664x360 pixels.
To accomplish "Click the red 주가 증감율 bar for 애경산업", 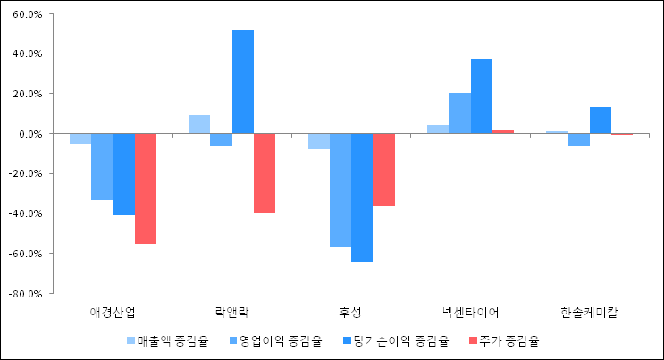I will pos(146,188).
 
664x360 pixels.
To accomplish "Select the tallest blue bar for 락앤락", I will pos(243,82).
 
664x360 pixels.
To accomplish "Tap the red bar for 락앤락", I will pos(265,173).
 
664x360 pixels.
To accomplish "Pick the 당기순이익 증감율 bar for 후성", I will pos(362,197).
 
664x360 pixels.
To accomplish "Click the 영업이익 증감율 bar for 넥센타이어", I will pos(459,113).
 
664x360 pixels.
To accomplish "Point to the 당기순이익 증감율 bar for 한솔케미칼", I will pos(601,121).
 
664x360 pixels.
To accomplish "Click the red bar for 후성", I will pos(383,170).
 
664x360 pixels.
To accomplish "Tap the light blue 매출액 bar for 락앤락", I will pos(199,124).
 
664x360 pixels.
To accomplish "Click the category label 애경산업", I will pos(113,313).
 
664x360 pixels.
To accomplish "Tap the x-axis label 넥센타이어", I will pos(470,313).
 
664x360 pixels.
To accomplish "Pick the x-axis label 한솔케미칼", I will pos(589,313).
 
